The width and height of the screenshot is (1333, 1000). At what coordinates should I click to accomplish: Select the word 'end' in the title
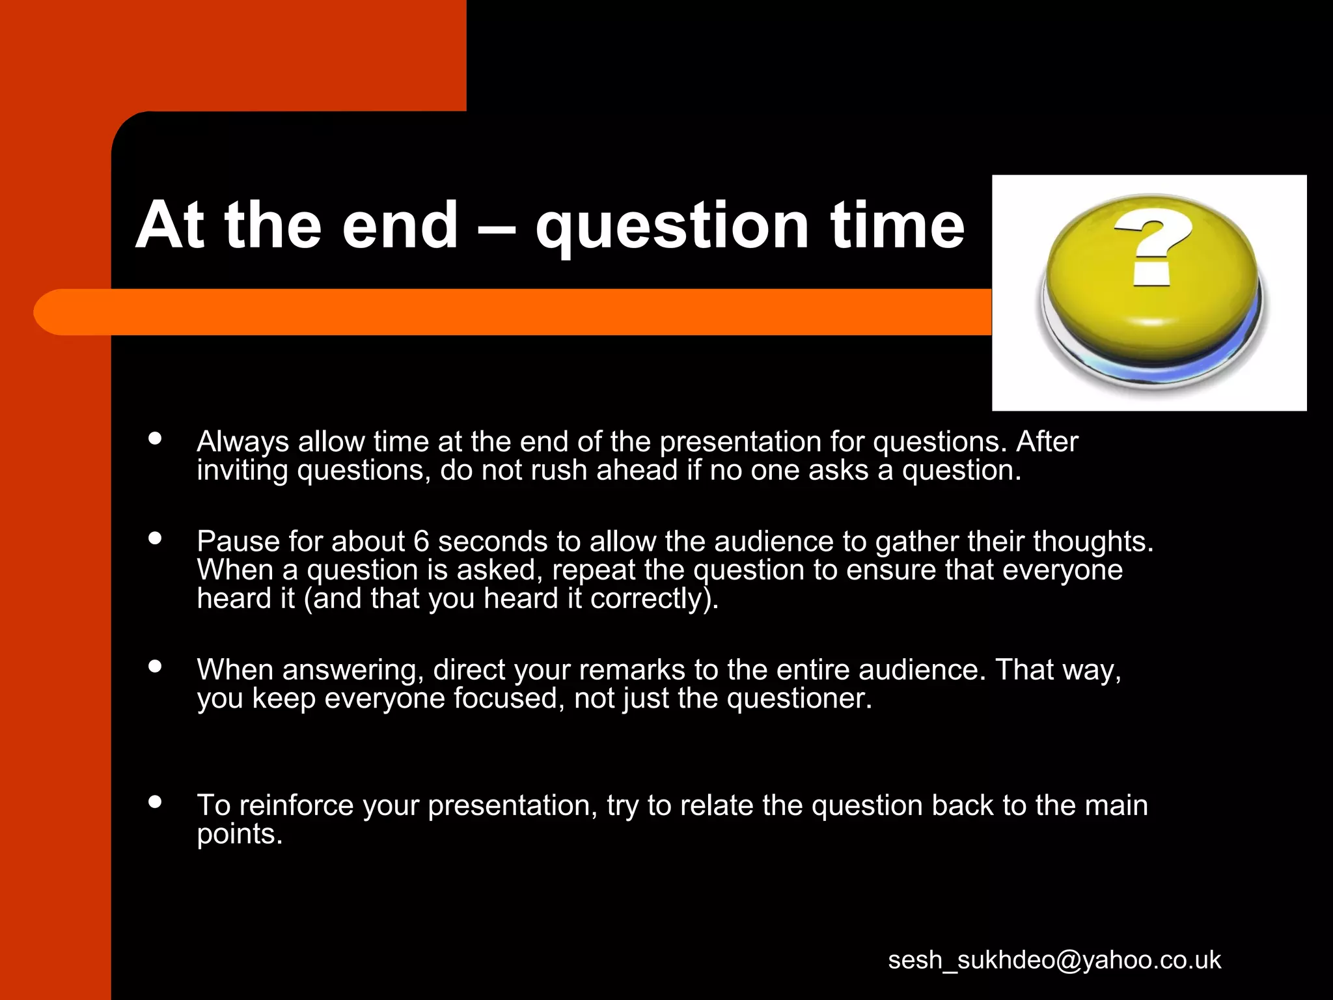click(x=400, y=225)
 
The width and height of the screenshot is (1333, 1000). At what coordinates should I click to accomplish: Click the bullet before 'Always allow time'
click(x=155, y=438)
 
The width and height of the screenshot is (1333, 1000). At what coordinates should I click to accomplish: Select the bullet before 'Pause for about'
click(x=155, y=538)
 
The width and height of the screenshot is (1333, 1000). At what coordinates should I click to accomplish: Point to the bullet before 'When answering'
click(x=155, y=666)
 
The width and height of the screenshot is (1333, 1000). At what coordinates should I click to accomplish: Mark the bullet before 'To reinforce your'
click(x=155, y=801)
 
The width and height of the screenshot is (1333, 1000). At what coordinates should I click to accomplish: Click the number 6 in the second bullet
click(x=421, y=542)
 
